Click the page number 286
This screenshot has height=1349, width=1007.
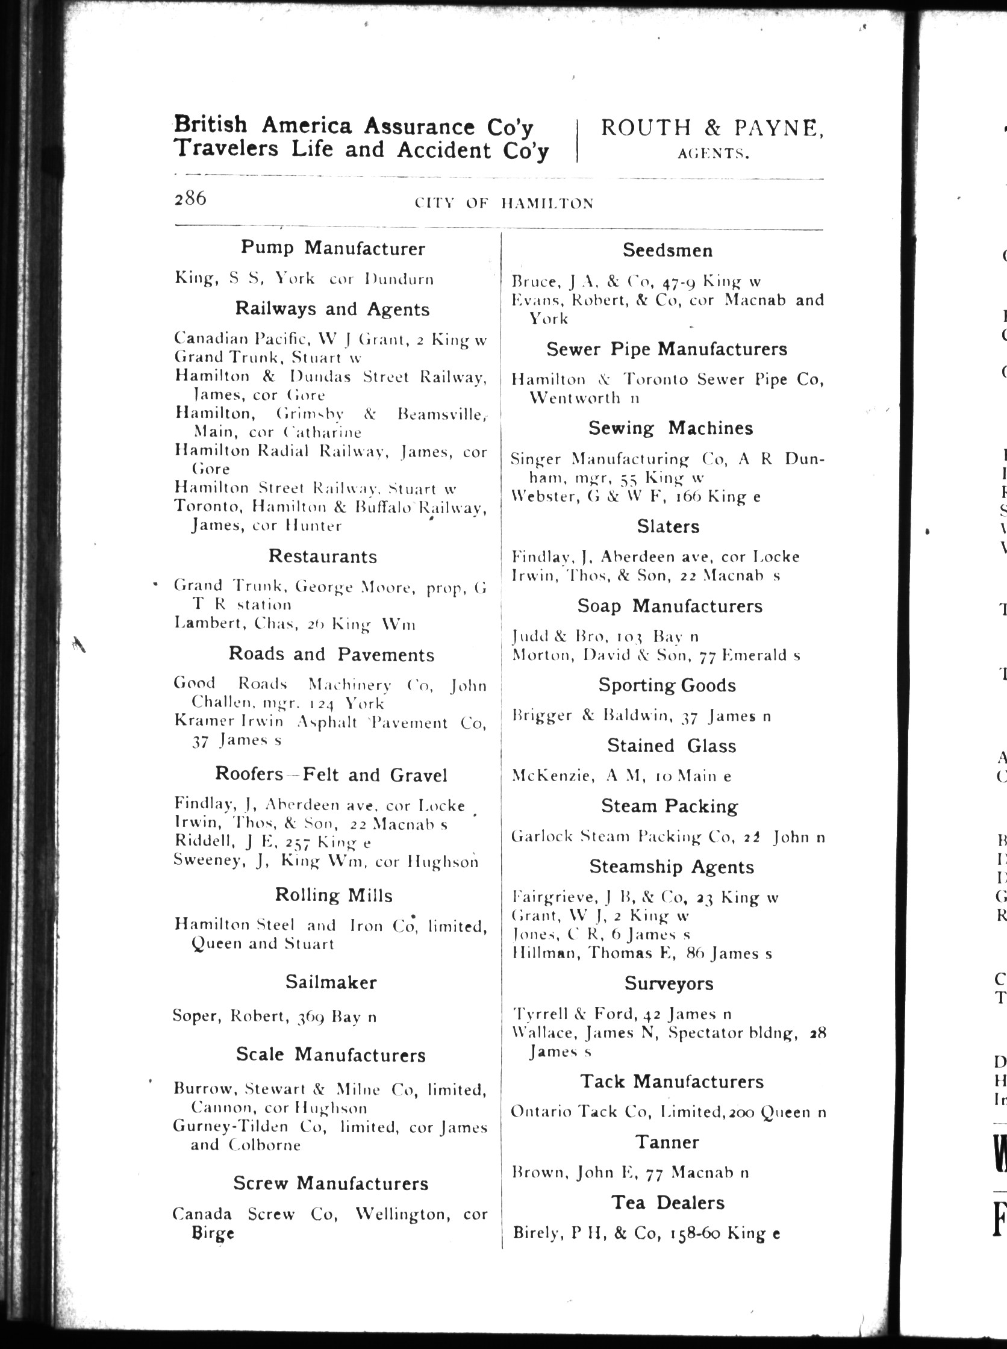190,199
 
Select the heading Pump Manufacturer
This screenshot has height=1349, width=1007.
332,248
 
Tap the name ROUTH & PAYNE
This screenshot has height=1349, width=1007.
712,128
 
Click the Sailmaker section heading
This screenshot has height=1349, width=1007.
331,982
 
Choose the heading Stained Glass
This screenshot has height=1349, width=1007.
671,746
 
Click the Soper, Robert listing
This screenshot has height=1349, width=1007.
274,1017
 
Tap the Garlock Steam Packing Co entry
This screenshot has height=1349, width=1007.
668,837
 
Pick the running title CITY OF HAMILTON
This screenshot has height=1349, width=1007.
503,204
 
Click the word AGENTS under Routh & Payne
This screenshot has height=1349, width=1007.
712,155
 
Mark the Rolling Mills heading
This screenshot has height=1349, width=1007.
334,895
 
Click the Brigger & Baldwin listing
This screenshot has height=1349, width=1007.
641,715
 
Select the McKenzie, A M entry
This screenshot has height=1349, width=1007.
621,776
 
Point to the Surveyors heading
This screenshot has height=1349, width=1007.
669,983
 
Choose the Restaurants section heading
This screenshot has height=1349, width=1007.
322,556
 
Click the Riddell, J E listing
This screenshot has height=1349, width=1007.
272,842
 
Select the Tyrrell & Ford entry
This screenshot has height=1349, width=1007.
621,1014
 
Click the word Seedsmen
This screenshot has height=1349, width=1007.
667,250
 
